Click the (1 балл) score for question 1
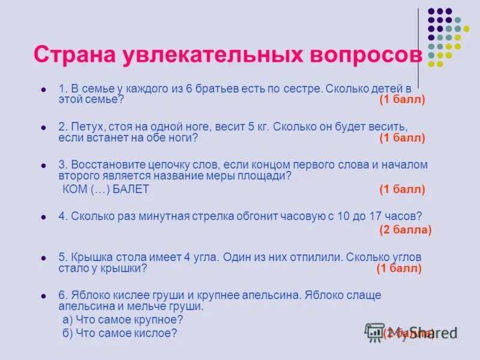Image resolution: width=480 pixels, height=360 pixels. [402, 100]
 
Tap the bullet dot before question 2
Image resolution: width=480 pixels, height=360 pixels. [43, 127]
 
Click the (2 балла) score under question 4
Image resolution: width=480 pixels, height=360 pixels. [406, 229]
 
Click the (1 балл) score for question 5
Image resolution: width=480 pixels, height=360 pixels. [399, 268]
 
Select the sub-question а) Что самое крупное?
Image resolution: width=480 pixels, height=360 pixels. [123, 320]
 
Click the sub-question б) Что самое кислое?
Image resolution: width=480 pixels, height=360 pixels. [120, 333]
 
